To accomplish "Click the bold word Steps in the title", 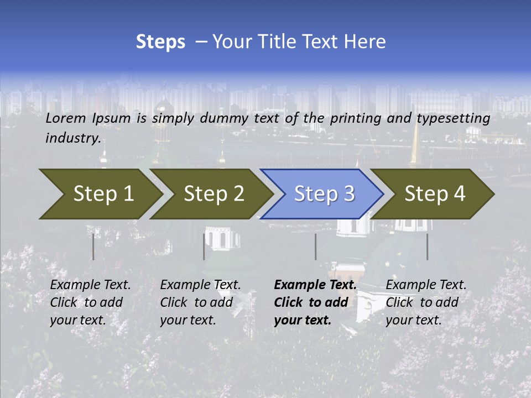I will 160,42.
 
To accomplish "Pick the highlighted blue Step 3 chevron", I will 324,194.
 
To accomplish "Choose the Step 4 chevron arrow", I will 435,194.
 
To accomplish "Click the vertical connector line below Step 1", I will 93,247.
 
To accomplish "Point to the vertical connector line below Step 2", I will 204,247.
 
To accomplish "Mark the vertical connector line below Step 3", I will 315,247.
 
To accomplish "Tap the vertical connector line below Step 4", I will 427,247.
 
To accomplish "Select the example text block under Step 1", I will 90,302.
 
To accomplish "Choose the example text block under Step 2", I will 200,302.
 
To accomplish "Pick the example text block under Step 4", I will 426,302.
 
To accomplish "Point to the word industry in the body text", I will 73,138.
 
